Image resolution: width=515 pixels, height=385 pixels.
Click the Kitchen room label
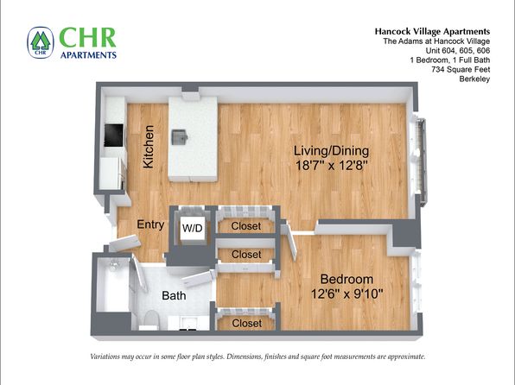tap(148, 147)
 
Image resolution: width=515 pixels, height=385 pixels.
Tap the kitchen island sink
tap(180, 137)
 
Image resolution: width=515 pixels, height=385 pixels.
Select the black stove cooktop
tap(114, 136)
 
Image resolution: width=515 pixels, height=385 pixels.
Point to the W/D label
tap(193, 228)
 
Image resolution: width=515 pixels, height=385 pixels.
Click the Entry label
tap(150, 224)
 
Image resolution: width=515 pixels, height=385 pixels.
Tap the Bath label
tap(174, 295)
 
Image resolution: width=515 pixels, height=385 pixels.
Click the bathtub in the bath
tap(113, 284)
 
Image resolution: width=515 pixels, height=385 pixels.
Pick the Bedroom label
tap(347, 279)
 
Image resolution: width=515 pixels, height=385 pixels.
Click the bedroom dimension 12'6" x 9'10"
tap(347, 293)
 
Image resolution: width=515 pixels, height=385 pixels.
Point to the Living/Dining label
tap(331, 151)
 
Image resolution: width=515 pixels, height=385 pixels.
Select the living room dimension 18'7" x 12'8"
tap(331, 165)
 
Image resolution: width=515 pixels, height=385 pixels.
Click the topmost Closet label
tap(246, 226)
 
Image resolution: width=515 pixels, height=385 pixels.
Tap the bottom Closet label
tap(246, 324)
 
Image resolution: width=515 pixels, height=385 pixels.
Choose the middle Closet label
tap(246, 255)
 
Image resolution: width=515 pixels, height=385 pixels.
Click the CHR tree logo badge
tap(41, 42)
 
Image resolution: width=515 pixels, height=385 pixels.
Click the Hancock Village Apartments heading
tap(432, 32)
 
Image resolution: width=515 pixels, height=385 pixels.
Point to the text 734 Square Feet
tap(461, 70)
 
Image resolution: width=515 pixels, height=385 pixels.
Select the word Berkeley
tap(474, 79)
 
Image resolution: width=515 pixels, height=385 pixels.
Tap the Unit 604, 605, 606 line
tap(458, 51)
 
